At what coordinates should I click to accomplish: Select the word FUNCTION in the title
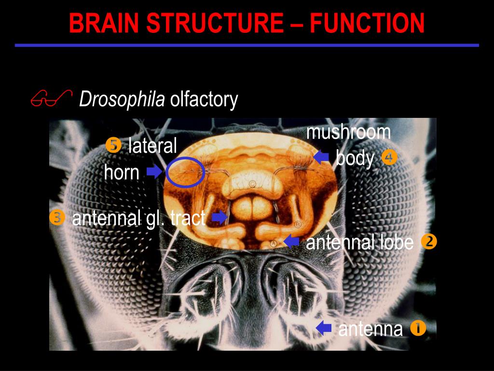[x=367, y=23]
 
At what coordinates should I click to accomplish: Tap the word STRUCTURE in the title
[x=215, y=23]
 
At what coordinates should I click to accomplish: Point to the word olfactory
[x=204, y=100]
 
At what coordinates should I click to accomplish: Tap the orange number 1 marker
[x=418, y=328]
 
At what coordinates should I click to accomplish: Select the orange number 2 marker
[x=428, y=242]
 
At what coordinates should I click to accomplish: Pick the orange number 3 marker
[x=57, y=218]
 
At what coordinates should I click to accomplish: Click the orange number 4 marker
[x=388, y=157]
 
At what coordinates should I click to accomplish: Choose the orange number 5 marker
[x=113, y=145]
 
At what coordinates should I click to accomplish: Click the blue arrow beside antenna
[x=324, y=328]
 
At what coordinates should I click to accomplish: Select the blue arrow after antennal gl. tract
[x=220, y=217]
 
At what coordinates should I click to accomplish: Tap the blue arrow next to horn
[x=154, y=172]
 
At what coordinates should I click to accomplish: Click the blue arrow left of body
[x=321, y=157]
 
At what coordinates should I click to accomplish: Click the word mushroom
[x=348, y=131]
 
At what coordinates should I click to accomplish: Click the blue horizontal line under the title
[x=247, y=45]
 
